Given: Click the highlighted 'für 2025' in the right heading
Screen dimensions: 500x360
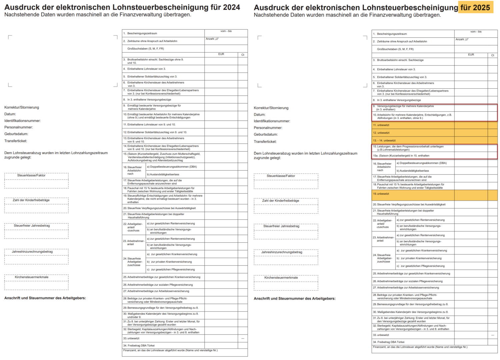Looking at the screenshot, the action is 475,7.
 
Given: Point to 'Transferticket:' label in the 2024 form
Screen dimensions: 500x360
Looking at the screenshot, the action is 16,141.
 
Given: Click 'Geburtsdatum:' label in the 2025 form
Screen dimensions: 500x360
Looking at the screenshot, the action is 266,135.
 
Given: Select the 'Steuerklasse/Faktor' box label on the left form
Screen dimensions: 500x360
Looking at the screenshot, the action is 31,175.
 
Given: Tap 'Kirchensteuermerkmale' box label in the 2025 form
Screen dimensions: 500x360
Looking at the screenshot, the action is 281,278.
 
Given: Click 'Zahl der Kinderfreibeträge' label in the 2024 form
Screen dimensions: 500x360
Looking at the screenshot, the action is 31,200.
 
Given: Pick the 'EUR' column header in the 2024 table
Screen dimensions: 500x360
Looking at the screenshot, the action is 221,54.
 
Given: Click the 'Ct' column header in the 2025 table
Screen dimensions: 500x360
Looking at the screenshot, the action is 492,55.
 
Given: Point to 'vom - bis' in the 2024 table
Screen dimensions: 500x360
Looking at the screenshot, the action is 226,31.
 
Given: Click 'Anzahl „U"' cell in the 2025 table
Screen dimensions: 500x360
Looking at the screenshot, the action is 462,39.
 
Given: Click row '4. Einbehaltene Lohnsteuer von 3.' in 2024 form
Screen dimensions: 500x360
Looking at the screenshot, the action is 146,69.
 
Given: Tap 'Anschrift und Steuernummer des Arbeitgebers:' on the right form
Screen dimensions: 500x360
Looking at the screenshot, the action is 295,299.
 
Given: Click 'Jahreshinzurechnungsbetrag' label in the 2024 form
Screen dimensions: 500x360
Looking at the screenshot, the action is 32,252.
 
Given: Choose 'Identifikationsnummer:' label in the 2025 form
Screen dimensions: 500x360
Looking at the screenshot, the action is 272,121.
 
